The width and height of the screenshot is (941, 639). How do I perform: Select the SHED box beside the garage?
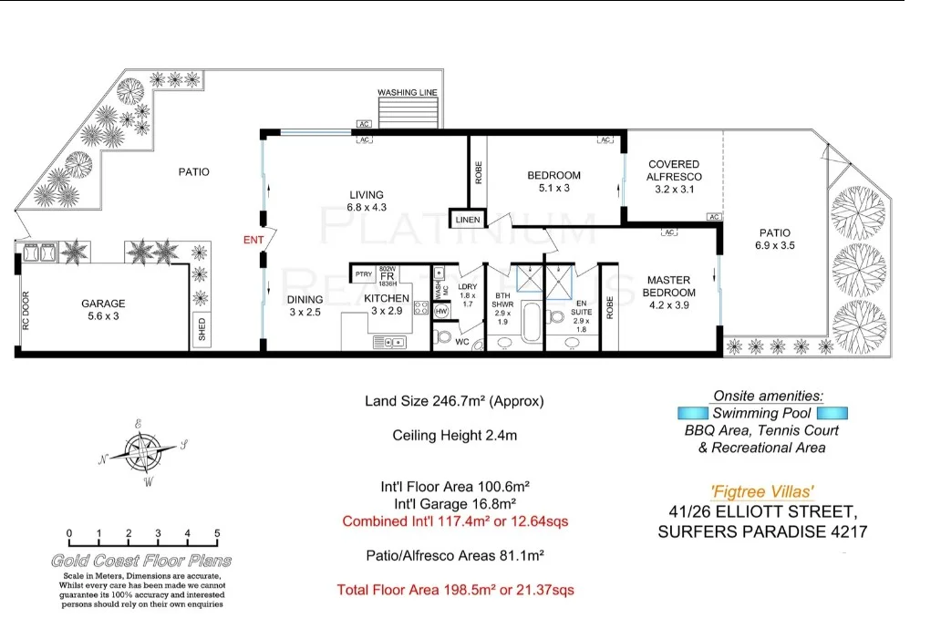(202, 330)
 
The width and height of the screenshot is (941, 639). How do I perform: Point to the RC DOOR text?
(26, 310)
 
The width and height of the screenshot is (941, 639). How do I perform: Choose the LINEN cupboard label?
(467, 219)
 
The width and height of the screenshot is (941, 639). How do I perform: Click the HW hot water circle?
(442, 312)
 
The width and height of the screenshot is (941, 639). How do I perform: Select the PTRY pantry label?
(363, 273)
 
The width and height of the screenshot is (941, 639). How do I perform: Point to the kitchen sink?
(393, 343)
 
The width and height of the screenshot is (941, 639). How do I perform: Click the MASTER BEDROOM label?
(670, 286)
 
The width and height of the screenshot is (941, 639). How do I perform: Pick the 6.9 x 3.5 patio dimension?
(774, 246)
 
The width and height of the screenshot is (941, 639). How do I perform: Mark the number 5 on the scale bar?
(216, 534)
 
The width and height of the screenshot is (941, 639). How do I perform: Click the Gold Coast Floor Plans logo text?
(141, 561)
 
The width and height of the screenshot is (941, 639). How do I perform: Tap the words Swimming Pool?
(761, 414)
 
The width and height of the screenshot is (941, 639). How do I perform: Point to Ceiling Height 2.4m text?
(454, 436)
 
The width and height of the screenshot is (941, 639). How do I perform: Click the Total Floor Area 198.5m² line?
(455, 590)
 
